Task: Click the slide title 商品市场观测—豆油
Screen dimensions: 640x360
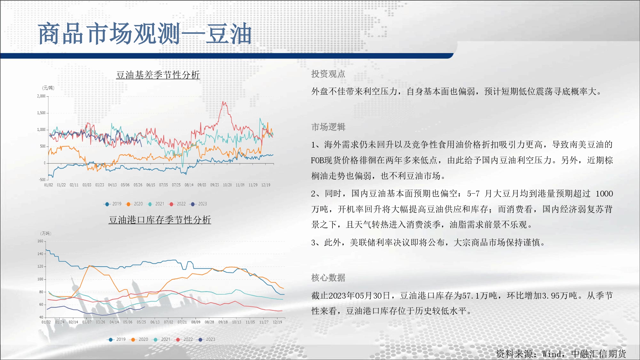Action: [x=145, y=34]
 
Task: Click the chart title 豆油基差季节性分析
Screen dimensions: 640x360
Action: [x=158, y=75]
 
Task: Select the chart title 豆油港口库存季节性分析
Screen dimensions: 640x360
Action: [x=160, y=220]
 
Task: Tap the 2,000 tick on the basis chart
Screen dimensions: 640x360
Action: [x=41, y=96]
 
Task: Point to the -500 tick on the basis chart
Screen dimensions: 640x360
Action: [x=42, y=180]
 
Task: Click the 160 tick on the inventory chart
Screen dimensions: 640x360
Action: [x=40, y=241]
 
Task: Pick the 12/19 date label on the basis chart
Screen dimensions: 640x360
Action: [x=266, y=185]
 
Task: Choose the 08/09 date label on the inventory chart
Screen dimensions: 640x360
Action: [x=196, y=322]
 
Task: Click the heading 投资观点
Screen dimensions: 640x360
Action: [x=328, y=74]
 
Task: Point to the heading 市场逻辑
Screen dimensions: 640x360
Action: [x=328, y=127]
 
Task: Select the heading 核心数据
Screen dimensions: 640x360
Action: [x=328, y=278]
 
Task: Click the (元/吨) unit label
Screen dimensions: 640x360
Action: [x=48, y=88]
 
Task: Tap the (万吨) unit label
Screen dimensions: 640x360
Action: [x=46, y=233]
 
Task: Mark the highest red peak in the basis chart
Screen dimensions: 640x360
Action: [x=223, y=102]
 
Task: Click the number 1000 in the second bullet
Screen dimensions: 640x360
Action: [x=604, y=194]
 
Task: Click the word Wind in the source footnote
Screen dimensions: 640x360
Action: [x=552, y=354]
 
